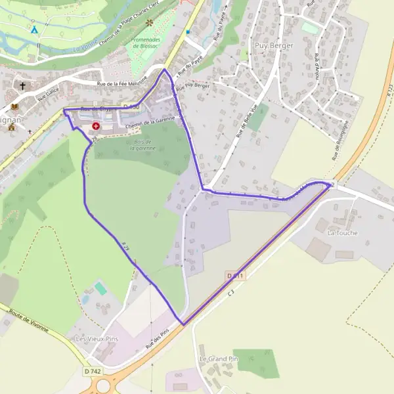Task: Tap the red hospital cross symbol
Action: pos(96,125)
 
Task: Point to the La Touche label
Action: pos(342,233)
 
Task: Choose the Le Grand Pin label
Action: pos(218,359)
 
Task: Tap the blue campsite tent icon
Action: pos(34,30)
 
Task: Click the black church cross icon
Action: pos(23,86)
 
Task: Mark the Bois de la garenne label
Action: pos(142,145)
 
